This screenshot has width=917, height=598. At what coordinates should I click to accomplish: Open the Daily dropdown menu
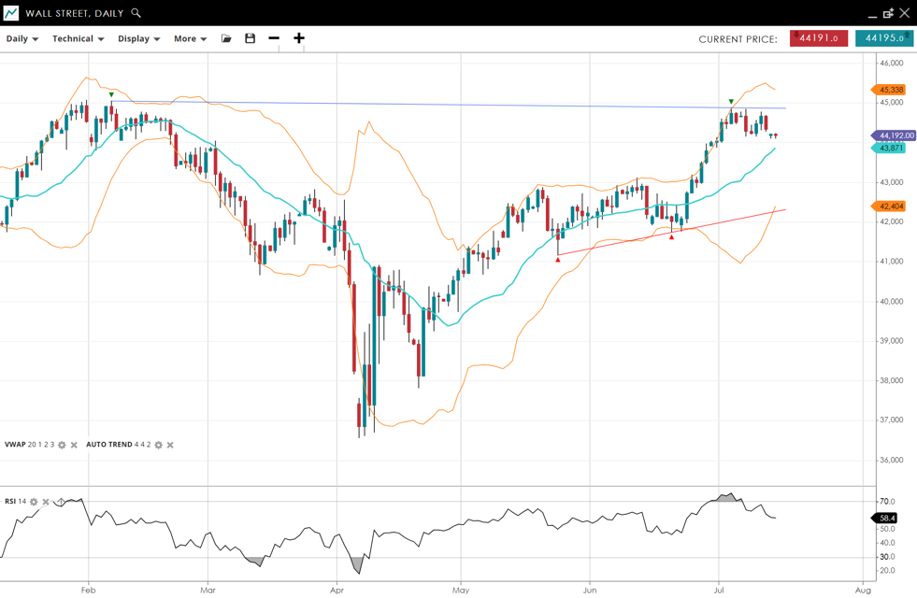pyautogui.click(x=22, y=39)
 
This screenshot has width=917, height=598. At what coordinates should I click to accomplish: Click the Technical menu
pyautogui.click(x=78, y=39)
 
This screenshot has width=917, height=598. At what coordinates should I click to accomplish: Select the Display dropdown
pyautogui.click(x=138, y=39)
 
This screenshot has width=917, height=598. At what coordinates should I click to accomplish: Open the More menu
pyautogui.click(x=190, y=39)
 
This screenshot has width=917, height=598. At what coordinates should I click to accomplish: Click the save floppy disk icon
pyautogui.click(x=250, y=38)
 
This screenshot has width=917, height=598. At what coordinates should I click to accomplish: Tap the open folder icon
pyautogui.click(x=226, y=38)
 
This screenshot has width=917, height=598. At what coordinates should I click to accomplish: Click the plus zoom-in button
pyautogui.click(x=299, y=38)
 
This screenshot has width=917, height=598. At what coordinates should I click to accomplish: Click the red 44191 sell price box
pyautogui.click(x=819, y=38)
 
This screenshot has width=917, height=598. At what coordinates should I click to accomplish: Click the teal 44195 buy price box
pyautogui.click(x=883, y=38)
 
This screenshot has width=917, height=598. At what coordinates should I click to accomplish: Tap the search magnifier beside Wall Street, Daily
pyautogui.click(x=136, y=13)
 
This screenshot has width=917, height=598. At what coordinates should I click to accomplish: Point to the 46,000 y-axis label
pyautogui.click(x=891, y=63)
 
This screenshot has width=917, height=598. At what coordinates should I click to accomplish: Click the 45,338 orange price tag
pyautogui.click(x=891, y=91)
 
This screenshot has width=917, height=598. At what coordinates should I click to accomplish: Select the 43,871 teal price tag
pyautogui.click(x=891, y=149)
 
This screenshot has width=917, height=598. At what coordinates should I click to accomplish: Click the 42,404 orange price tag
pyautogui.click(x=891, y=206)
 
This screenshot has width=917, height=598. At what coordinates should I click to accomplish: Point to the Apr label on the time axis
pyautogui.click(x=337, y=590)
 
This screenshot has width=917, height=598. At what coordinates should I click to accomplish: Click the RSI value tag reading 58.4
pyautogui.click(x=886, y=518)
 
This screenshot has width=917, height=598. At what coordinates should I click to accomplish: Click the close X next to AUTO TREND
pyautogui.click(x=170, y=445)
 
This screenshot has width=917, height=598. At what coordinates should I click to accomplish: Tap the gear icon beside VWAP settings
pyautogui.click(x=63, y=445)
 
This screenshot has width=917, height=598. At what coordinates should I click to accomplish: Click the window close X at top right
pyautogui.click(x=904, y=13)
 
